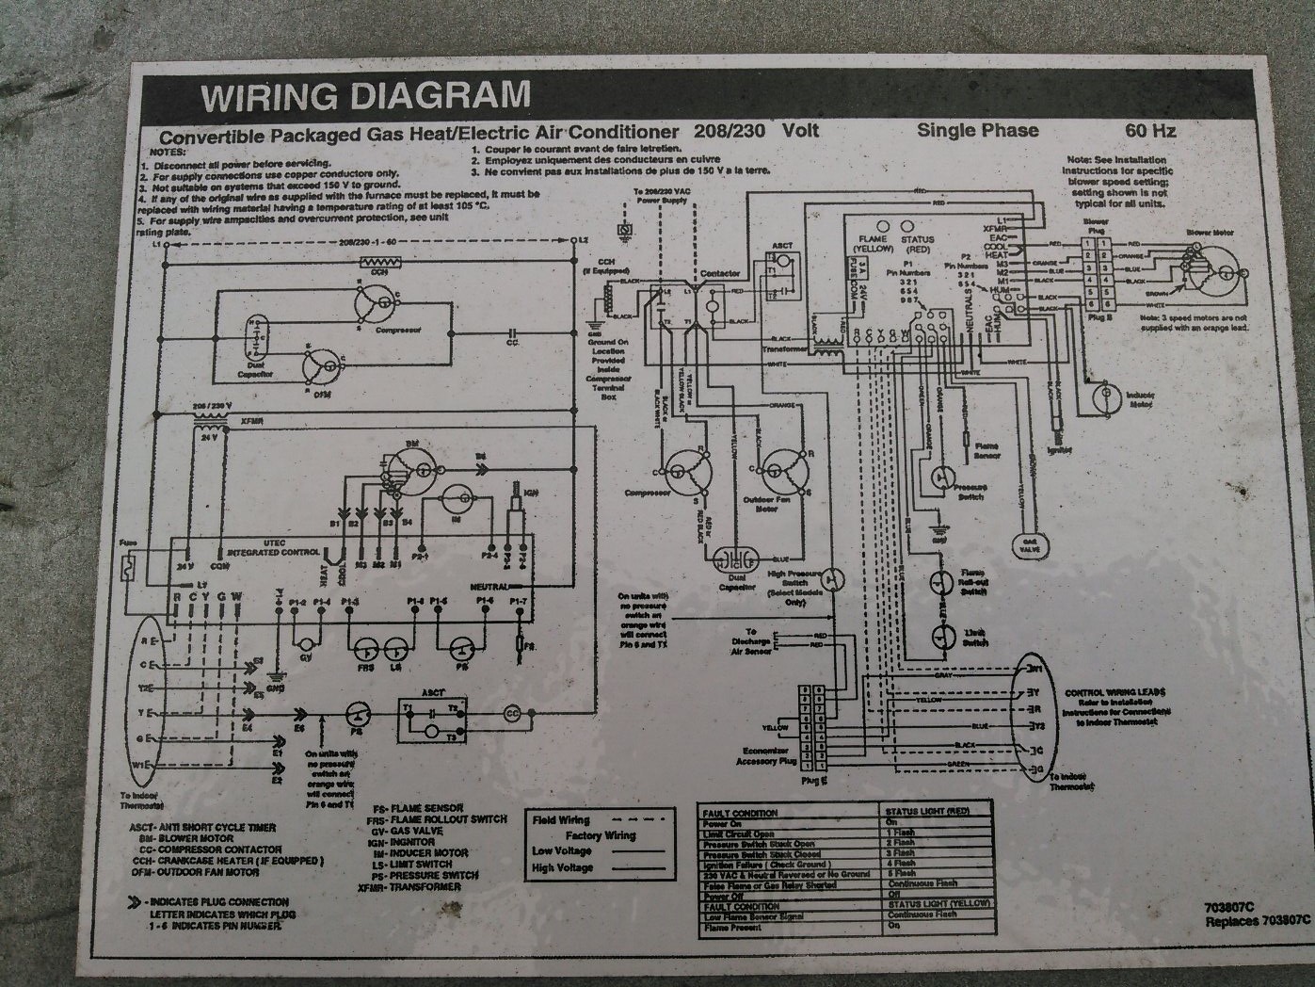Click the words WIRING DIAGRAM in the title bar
(x=365, y=95)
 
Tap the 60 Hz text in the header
(x=1149, y=130)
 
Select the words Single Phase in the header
(x=978, y=130)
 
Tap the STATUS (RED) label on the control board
(x=917, y=245)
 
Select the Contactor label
(x=720, y=273)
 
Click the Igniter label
(x=1063, y=451)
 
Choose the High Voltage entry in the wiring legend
(x=562, y=866)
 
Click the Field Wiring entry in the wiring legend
(x=561, y=820)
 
